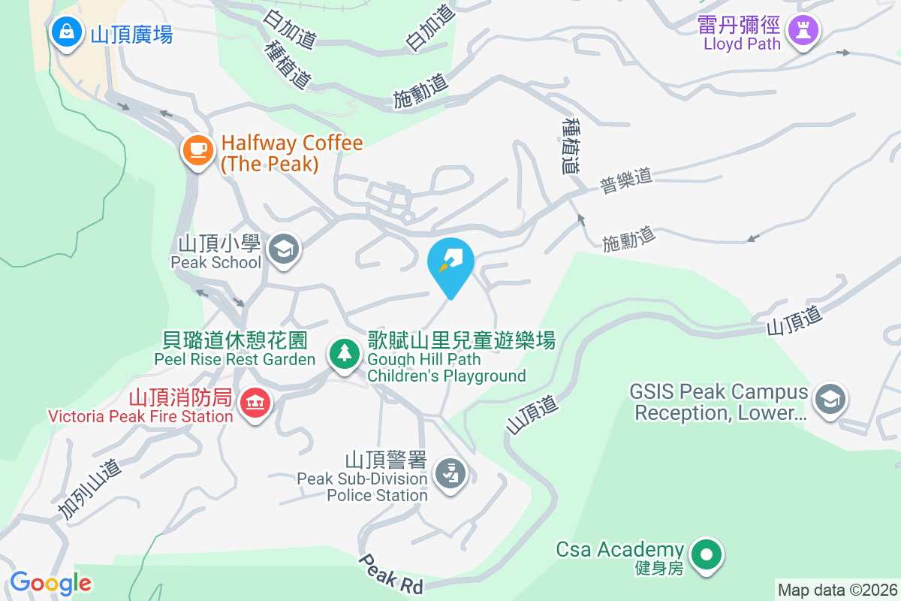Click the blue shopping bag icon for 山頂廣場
[67, 32]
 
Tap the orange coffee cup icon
[198, 150]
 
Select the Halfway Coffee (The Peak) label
[291, 153]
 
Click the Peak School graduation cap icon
[283, 249]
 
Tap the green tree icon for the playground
[344, 353]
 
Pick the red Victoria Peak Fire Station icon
[255, 403]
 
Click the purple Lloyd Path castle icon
[803, 32]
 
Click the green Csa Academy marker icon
[706, 555]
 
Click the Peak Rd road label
[390, 575]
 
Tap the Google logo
[50, 582]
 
